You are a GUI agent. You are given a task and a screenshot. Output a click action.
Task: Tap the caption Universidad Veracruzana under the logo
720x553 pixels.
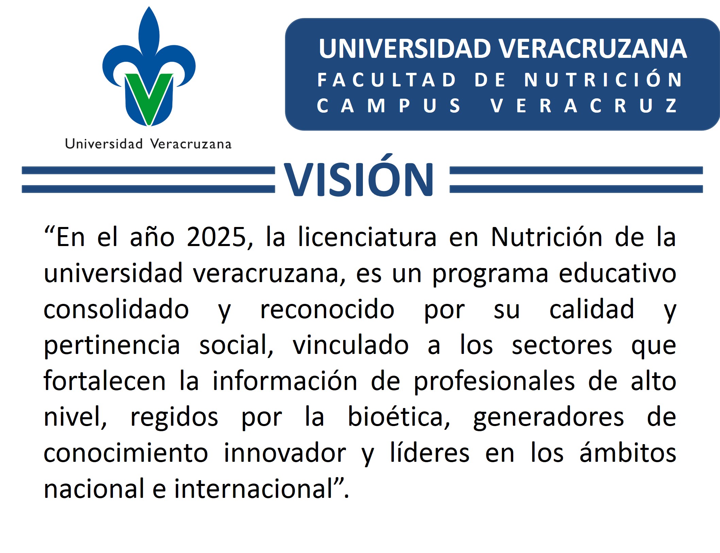coord(148,144)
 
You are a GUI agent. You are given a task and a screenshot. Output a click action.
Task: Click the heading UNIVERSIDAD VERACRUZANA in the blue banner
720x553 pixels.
coord(503,49)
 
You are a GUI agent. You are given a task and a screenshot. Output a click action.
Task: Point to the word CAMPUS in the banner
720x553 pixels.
coord(389,105)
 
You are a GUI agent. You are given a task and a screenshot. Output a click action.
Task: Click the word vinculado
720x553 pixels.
coord(351,344)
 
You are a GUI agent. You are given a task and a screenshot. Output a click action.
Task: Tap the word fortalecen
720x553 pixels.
coord(105,380)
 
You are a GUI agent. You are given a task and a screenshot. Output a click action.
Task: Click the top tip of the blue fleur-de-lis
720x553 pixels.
coord(149,6)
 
